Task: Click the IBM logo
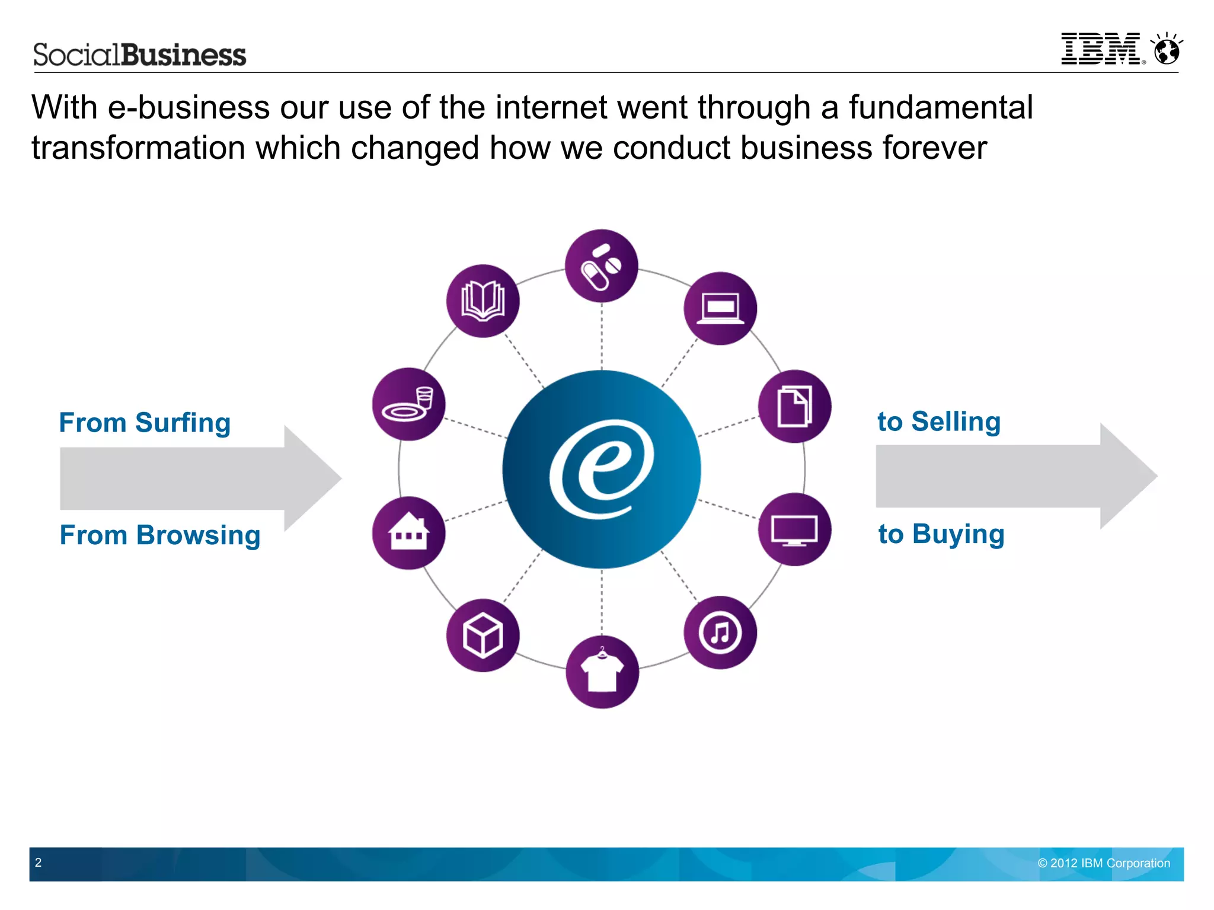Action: (x=1101, y=49)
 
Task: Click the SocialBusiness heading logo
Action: (x=139, y=55)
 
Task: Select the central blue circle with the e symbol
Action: (x=602, y=469)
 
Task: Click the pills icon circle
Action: (x=601, y=266)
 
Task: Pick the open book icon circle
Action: (x=483, y=301)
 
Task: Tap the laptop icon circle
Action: (x=720, y=308)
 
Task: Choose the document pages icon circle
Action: (x=794, y=406)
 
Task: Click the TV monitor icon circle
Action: (x=794, y=529)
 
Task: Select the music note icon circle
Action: (x=720, y=633)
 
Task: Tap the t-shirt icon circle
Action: (x=602, y=672)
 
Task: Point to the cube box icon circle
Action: (x=483, y=636)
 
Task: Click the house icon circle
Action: (x=408, y=532)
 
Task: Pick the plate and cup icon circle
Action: (x=408, y=404)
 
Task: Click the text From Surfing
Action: (x=145, y=423)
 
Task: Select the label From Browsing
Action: (x=160, y=535)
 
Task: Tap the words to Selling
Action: (x=939, y=422)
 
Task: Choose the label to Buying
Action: (x=941, y=534)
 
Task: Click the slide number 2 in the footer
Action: (x=39, y=863)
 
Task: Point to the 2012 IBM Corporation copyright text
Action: (x=1104, y=863)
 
